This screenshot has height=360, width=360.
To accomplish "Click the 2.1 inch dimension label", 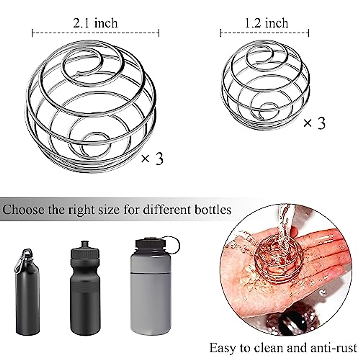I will (x=95, y=23).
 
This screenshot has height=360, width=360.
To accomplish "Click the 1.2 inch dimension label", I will (x=266, y=23).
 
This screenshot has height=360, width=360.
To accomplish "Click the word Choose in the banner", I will (x=23, y=209).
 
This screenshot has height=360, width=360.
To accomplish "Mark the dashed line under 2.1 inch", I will (x=95, y=33).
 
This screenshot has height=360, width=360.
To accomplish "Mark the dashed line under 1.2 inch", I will (x=265, y=33).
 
